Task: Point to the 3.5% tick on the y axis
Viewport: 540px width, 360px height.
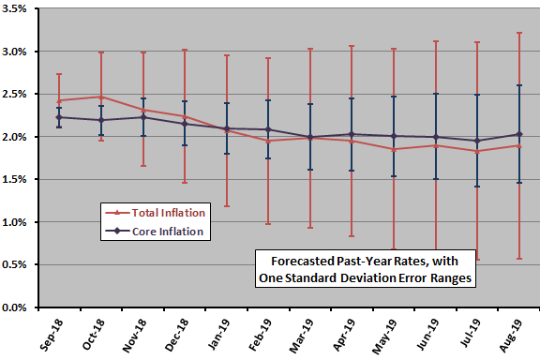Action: pyautogui.click(x=20, y=10)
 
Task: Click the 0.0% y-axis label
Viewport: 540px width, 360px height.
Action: pyautogui.click(x=20, y=307)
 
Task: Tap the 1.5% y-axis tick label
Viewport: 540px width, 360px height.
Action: pyautogui.click(x=20, y=180)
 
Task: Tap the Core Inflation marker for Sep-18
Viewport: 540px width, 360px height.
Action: pyautogui.click(x=60, y=117)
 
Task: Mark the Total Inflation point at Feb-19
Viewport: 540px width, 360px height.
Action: pyautogui.click(x=269, y=141)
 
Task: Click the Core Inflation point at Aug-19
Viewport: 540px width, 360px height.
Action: pyautogui.click(x=519, y=134)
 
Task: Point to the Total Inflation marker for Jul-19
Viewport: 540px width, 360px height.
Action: pyautogui.click(x=478, y=151)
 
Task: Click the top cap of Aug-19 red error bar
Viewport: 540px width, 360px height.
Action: pyautogui.click(x=519, y=33)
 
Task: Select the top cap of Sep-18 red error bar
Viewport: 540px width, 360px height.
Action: pyautogui.click(x=60, y=74)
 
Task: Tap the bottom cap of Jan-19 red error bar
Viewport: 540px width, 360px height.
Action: pyautogui.click(x=227, y=206)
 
